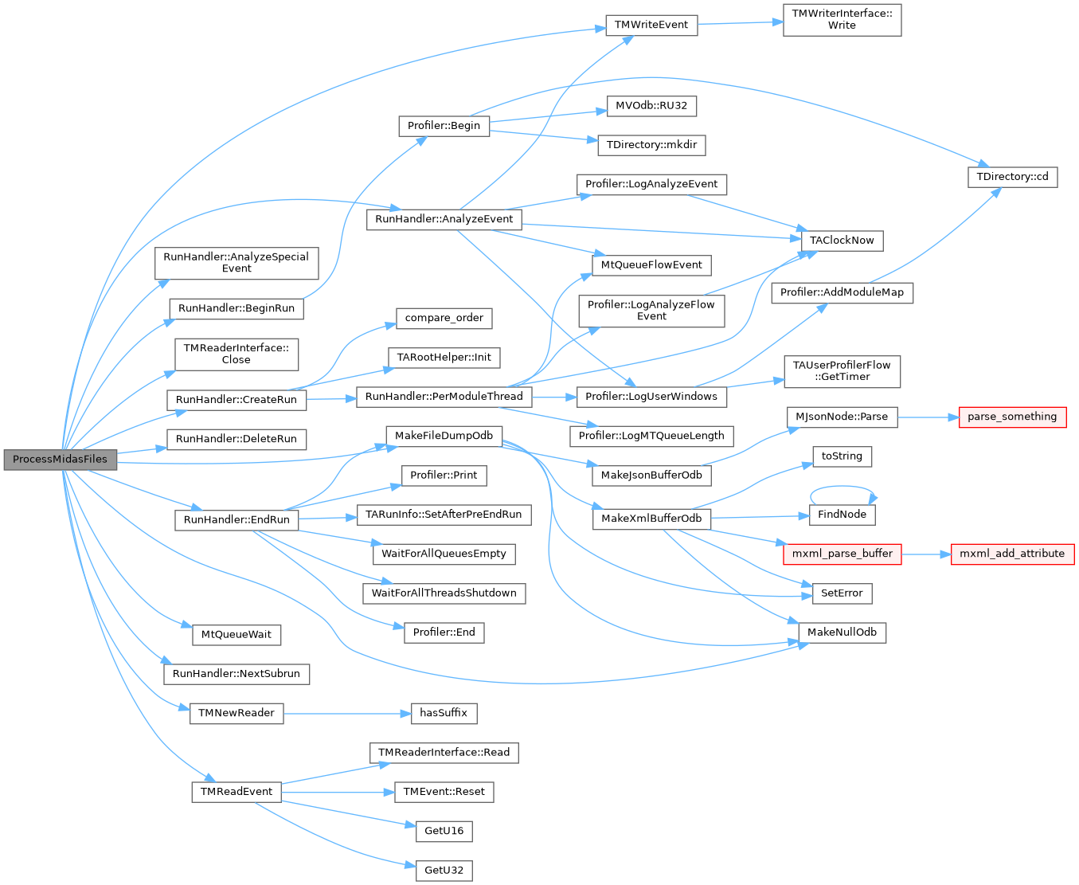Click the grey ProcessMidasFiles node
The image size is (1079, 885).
[61, 460]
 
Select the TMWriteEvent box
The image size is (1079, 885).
[651, 25]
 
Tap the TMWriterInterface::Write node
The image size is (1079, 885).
[842, 20]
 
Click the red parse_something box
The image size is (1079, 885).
[1012, 417]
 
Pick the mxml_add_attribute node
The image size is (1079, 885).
[1012, 554]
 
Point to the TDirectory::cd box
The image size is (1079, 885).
[1012, 176]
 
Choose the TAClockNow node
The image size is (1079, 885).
[842, 240]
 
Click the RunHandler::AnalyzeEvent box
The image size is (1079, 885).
[444, 219]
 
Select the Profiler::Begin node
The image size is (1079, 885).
[444, 125]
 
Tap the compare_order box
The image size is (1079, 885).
[444, 318]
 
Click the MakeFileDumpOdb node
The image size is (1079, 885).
[444, 436]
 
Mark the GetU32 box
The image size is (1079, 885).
[444, 870]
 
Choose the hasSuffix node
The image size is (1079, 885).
[444, 713]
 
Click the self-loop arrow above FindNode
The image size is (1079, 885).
[843, 487]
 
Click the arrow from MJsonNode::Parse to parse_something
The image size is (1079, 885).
[928, 417]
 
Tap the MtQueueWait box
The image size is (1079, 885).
[237, 635]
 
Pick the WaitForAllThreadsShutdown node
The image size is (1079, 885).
[444, 593]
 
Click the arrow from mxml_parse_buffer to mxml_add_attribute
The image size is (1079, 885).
[926, 554]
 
